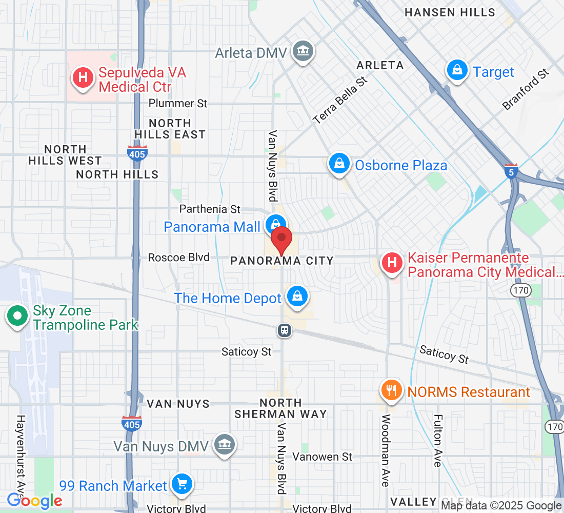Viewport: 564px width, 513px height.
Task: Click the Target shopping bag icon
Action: pyautogui.click(x=456, y=71)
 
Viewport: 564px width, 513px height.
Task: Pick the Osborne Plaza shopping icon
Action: pyautogui.click(x=339, y=164)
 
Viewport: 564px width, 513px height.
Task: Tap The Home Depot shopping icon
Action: pyautogui.click(x=296, y=297)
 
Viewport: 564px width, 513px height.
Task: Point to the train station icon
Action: pyautogui.click(x=285, y=330)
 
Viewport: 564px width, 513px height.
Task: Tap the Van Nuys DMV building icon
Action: pyautogui.click(x=224, y=444)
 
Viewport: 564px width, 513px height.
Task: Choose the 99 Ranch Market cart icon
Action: pyautogui.click(x=182, y=484)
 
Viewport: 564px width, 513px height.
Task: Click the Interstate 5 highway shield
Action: pyautogui.click(x=510, y=172)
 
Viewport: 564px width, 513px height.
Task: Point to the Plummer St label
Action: pyautogui.click(x=178, y=103)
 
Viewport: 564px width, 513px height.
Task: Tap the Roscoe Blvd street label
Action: pyautogui.click(x=178, y=257)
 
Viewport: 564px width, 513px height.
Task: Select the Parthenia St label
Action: pyautogui.click(x=210, y=209)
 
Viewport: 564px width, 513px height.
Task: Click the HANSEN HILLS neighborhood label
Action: pyautogui.click(x=450, y=12)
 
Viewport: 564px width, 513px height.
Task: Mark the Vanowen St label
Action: pyautogui.click(x=323, y=456)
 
